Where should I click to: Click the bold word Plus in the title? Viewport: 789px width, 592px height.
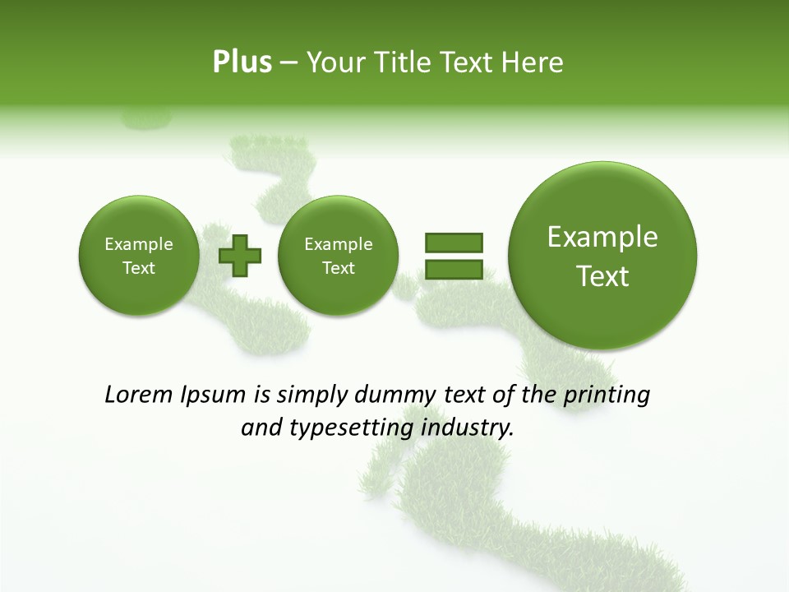242,62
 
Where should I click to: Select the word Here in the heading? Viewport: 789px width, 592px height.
534,62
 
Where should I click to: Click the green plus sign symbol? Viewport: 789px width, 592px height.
240,256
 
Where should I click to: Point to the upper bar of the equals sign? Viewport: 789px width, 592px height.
454,242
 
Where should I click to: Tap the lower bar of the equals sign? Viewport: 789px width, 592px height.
454,270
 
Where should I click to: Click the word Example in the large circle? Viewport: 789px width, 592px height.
602,237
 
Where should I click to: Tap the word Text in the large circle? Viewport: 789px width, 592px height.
602,276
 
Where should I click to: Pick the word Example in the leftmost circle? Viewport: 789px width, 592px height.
138,244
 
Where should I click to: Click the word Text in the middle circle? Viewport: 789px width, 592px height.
338,268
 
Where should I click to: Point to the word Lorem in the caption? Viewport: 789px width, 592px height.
139,395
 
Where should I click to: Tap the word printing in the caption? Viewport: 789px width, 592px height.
607,395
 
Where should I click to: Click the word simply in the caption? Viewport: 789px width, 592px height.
312,395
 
